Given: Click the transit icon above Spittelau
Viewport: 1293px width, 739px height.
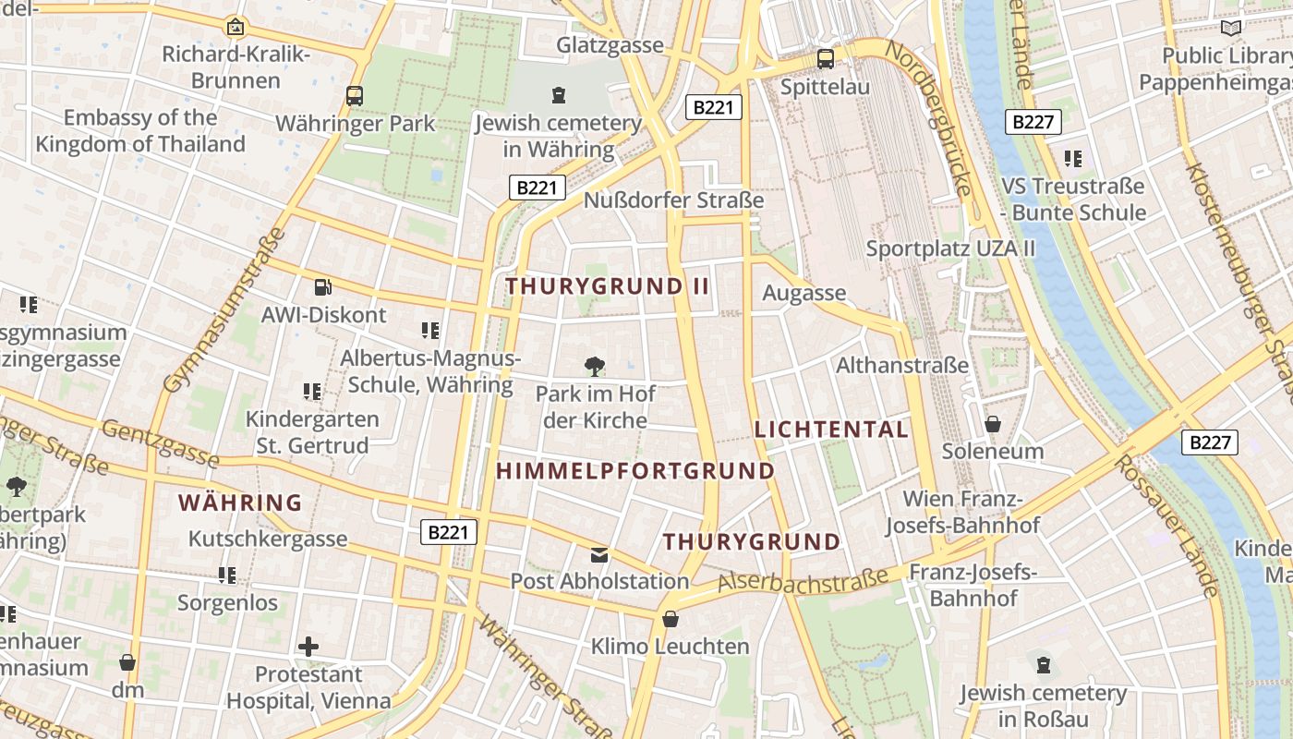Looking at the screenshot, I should (825, 59).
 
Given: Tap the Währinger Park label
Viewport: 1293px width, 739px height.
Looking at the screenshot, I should (355, 124).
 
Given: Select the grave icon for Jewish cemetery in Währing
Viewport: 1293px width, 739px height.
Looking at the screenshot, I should (558, 94).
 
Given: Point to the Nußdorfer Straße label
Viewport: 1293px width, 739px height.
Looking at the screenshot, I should (673, 200).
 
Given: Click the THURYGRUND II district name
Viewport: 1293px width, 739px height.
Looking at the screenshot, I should (607, 286).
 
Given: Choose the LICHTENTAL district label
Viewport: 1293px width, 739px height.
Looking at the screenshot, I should (831, 430).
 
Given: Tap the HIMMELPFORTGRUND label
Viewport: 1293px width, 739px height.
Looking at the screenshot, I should (635, 471).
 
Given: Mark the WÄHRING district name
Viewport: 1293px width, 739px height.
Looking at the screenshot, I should (240, 503).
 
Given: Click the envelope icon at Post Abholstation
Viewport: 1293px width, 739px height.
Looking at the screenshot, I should (599, 554).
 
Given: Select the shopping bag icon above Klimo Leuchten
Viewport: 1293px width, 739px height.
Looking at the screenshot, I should (671, 619).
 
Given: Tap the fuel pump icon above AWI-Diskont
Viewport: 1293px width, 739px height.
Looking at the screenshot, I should (322, 287).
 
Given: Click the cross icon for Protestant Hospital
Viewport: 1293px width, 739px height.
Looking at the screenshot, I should (308, 647).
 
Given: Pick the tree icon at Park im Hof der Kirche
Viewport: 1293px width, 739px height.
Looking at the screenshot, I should (595, 367).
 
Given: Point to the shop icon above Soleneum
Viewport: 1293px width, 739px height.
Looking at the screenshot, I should (993, 424).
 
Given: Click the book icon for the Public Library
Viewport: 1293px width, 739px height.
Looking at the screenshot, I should (1230, 28).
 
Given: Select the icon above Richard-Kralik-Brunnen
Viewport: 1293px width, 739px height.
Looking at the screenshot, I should (236, 27).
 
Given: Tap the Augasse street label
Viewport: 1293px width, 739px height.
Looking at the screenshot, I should (804, 293).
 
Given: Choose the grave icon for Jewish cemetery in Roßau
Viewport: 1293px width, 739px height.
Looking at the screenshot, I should (1043, 664).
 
